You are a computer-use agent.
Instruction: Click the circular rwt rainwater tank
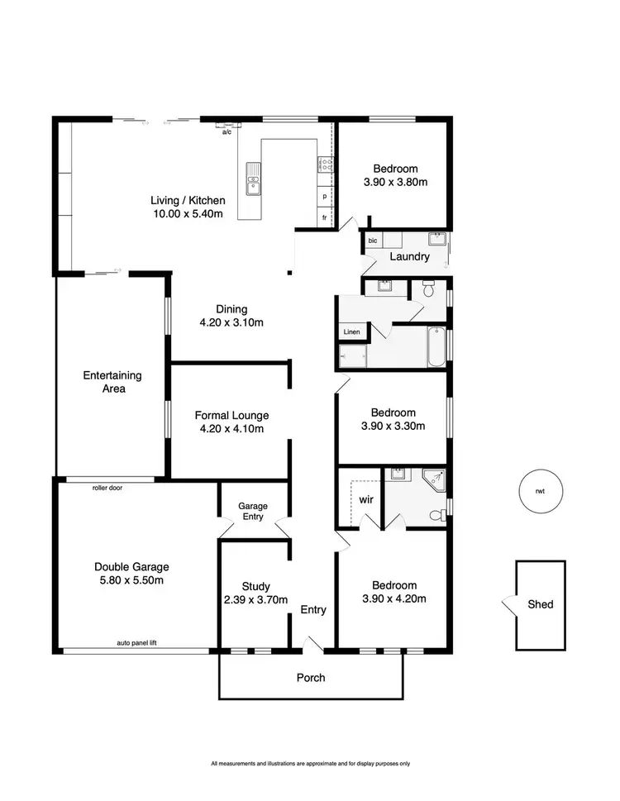pyautogui.click(x=540, y=491)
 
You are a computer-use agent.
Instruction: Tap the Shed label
pyautogui.click(x=540, y=604)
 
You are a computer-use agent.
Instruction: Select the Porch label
pyautogui.click(x=311, y=678)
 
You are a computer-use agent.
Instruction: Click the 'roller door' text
pyautogui.click(x=107, y=488)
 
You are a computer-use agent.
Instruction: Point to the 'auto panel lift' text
pyautogui.click(x=138, y=642)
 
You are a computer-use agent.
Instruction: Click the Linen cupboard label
pyautogui.click(x=351, y=331)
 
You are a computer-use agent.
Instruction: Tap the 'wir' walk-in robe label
pyautogui.click(x=366, y=500)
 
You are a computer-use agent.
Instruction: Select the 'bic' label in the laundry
pyautogui.click(x=372, y=241)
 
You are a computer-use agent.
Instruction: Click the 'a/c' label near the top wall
pyautogui.click(x=226, y=132)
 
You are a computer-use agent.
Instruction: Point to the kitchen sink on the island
pyautogui.click(x=252, y=181)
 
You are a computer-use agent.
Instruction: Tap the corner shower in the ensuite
pyautogui.click(x=433, y=482)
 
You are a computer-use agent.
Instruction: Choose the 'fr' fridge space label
pyautogui.click(x=325, y=217)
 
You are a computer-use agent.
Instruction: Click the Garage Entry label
pyautogui.click(x=251, y=511)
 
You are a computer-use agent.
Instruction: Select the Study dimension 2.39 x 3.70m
pyautogui.click(x=257, y=600)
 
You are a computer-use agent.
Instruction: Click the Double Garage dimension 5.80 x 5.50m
pyautogui.click(x=131, y=580)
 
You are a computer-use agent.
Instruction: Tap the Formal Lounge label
pyautogui.click(x=231, y=415)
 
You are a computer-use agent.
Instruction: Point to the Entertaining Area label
pyautogui.click(x=112, y=381)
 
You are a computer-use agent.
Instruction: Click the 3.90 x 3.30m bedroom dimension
pyautogui.click(x=393, y=427)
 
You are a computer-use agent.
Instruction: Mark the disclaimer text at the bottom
pyautogui.click(x=310, y=763)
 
